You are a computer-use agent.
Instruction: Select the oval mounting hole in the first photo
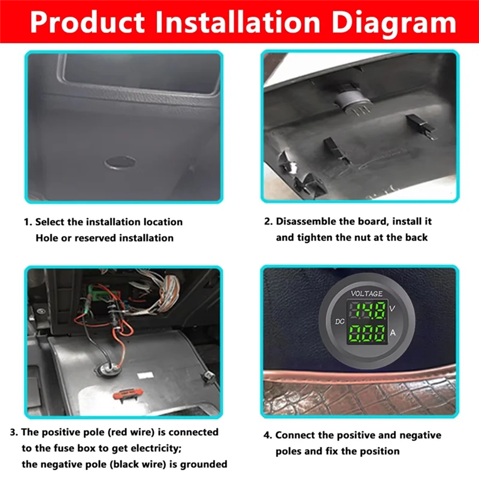tap(119, 162)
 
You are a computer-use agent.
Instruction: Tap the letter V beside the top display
tap(392, 308)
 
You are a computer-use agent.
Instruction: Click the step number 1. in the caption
tap(28, 222)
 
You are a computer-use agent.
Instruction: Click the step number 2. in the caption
tap(268, 222)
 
